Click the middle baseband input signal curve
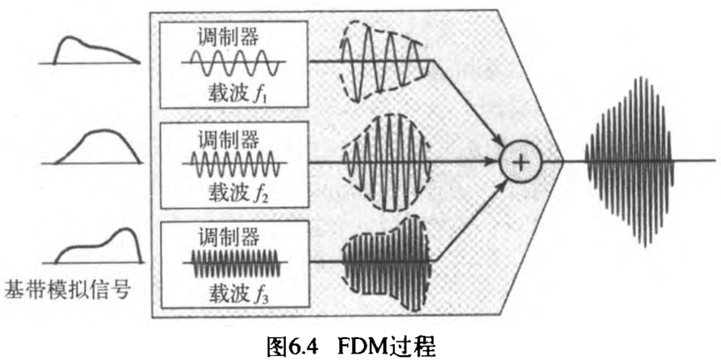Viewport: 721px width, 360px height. click(x=98, y=145)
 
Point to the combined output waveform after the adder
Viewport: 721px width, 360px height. click(x=630, y=161)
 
